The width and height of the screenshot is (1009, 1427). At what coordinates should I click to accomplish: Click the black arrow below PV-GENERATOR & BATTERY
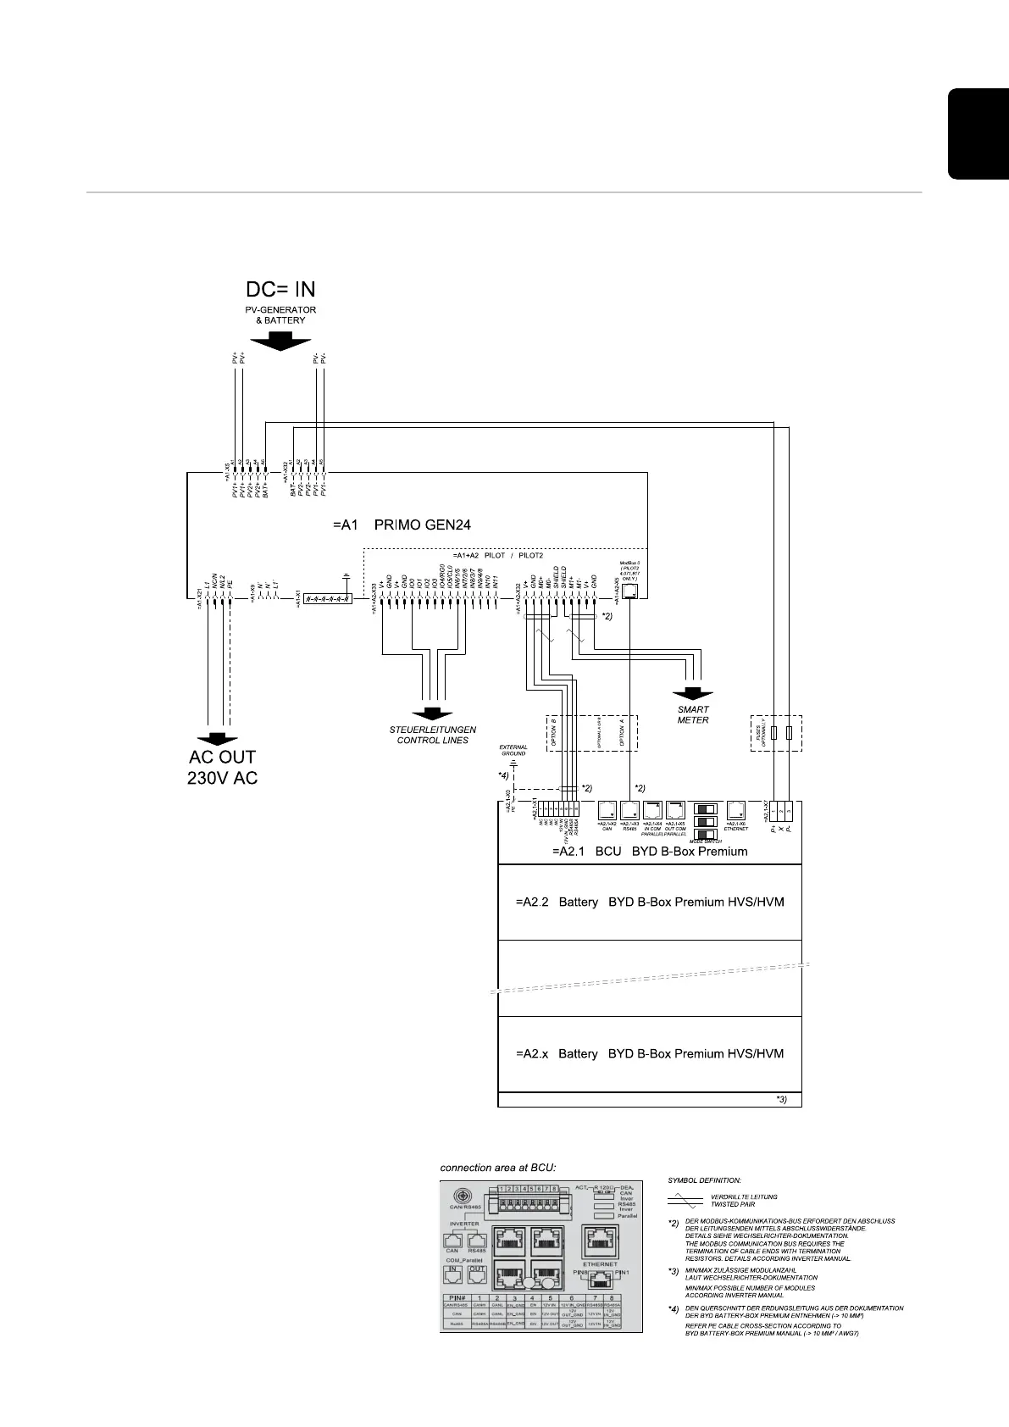(280, 341)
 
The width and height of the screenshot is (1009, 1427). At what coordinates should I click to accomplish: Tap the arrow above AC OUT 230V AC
(217, 739)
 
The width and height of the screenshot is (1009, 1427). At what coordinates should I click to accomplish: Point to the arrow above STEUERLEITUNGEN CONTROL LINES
(432, 715)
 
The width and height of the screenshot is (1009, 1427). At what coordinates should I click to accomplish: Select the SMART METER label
(693, 714)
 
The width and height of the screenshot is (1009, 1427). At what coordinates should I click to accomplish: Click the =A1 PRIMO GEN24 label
(402, 525)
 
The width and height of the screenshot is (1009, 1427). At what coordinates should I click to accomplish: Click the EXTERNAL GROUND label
(513, 750)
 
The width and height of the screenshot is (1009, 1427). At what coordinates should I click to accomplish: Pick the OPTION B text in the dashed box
(552, 730)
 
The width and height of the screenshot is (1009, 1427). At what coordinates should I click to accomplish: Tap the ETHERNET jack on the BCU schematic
(736, 810)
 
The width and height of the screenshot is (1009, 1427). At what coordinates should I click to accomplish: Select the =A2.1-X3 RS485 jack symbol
(629, 810)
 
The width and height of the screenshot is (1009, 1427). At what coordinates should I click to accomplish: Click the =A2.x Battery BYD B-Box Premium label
(650, 1053)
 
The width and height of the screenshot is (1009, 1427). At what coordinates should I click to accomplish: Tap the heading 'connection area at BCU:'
(497, 1167)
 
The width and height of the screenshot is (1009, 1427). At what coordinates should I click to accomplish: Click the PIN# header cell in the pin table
(456, 1297)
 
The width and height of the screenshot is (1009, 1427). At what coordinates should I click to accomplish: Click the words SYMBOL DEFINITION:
(704, 1180)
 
